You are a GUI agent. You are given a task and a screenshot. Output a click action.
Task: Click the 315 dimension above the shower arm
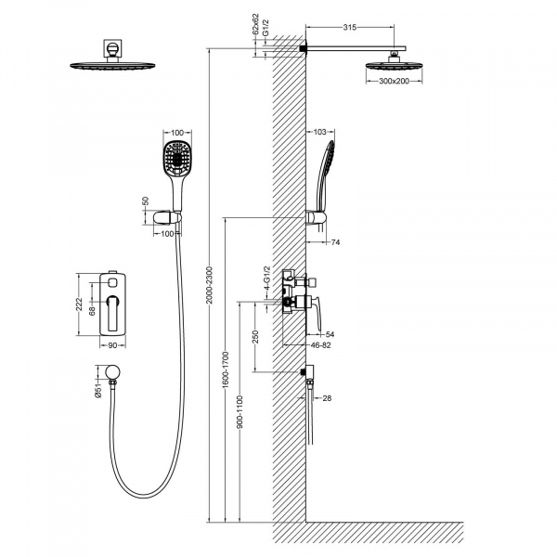click(350, 28)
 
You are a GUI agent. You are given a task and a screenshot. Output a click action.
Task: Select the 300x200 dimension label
click(394, 81)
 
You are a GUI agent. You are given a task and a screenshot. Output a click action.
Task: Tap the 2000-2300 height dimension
click(209, 285)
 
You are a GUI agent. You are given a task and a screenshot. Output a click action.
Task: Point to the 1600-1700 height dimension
click(227, 369)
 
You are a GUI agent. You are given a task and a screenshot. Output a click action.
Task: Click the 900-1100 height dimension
click(240, 411)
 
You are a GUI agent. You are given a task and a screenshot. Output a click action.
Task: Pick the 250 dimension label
click(255, 337)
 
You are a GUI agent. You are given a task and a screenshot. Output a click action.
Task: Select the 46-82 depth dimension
click(320, 345)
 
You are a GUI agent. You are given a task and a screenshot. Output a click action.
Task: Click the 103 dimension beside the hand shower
click(319, 132)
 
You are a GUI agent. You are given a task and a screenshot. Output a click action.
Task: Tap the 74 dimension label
click(335, 242)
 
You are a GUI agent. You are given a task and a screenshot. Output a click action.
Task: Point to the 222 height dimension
click(79, 304)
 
